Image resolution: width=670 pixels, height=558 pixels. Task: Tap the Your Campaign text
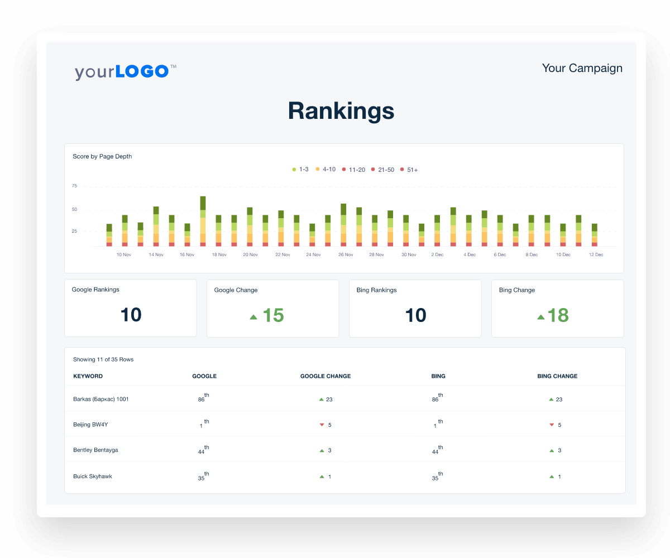coord(582,68)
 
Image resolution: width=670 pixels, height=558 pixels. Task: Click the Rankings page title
coord(341,111)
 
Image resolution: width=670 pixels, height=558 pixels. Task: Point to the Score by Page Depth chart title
coord(102,156)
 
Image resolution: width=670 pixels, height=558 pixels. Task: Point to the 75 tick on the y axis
coord(74,186)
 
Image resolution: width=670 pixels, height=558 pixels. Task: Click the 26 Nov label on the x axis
coord(346,254)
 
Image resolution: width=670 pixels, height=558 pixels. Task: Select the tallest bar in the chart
coord(203,221)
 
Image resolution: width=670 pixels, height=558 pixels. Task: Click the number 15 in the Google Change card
coord(273,315)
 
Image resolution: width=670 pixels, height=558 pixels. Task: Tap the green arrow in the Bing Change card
coord(540,317)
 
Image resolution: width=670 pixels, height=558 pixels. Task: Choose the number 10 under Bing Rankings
coord(415,315)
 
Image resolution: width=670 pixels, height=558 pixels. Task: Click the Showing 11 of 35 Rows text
coord(103,359)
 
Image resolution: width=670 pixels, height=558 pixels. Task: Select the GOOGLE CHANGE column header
coord(326,376)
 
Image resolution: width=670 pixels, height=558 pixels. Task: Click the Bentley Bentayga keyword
coord(95,450)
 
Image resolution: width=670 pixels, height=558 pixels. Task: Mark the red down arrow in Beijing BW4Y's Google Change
coord(322,425)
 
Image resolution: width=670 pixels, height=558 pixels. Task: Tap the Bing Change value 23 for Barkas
coord(559,399)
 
